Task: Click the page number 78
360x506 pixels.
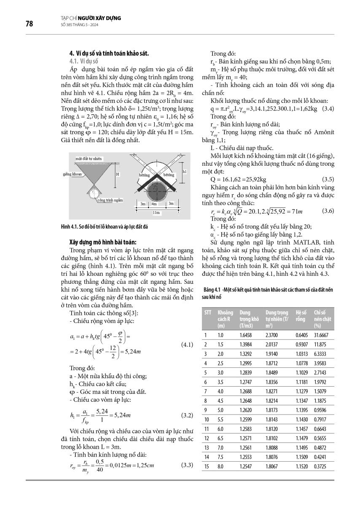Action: pos(29,24)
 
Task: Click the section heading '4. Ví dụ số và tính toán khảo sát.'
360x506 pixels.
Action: pos(109,54)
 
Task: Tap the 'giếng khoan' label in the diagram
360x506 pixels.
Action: pos(72,174)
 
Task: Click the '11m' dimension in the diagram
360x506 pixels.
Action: pos(157,213)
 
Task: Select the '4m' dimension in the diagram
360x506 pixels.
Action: pos(155,204)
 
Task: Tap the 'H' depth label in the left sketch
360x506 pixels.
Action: pos(118,174)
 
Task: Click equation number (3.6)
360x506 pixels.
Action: pos(328,210)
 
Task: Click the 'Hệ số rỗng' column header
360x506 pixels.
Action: pos(301,316)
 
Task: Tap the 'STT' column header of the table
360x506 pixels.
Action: pos(207,312)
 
